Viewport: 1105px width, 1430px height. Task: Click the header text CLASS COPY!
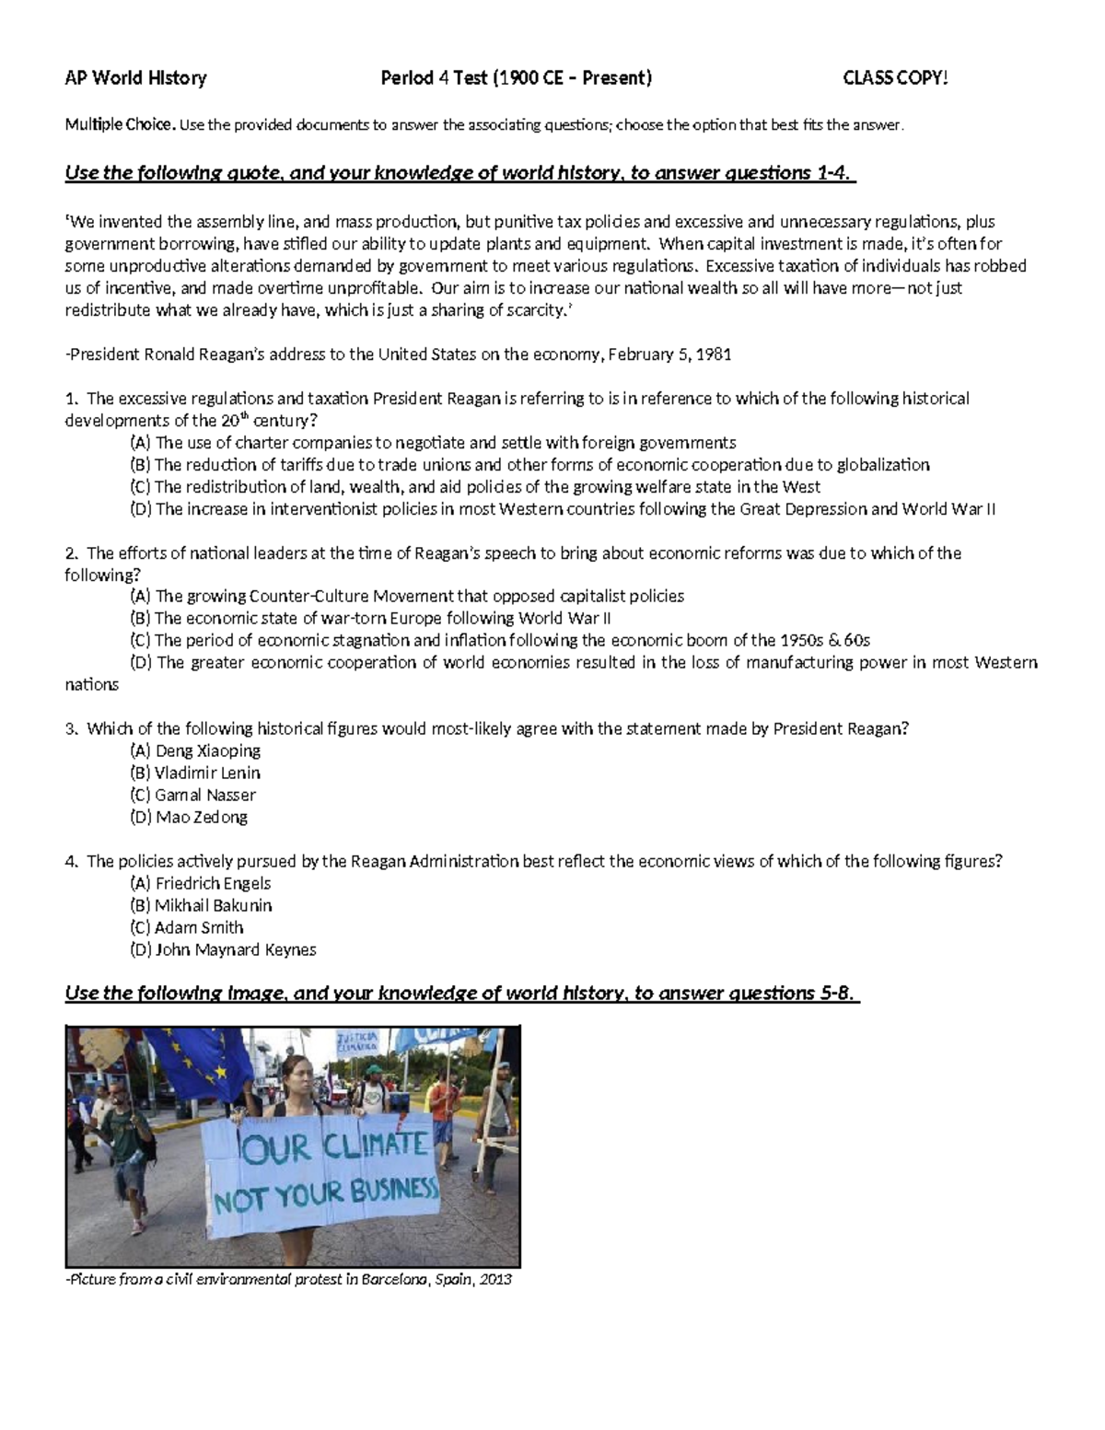click(895, 78)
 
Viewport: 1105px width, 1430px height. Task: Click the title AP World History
click(135, 78)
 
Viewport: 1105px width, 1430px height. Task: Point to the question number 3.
click(70, 728)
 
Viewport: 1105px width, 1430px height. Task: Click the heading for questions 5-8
click(460, 993)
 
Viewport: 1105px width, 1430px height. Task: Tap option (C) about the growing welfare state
click(475, 487)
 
